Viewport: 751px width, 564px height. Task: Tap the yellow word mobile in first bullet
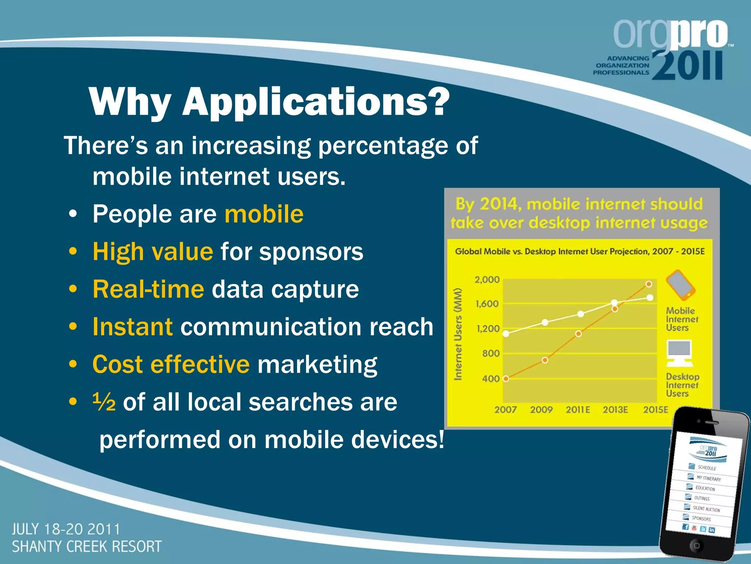(x=264, y=214)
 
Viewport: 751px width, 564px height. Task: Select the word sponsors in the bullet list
(x=311, y=252)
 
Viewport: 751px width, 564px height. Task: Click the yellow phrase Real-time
(x=148, y=289)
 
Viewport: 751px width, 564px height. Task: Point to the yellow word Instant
(x=132, y=327)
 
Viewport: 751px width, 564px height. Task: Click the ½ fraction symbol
(x=104, y=402)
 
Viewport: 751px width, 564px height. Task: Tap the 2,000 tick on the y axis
(x=487, y=280)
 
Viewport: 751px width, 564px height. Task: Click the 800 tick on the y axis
(x=491, y=354)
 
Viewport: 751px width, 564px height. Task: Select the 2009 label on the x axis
(x=541, y=410)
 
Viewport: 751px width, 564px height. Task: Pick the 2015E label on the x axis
(x=656, y=410)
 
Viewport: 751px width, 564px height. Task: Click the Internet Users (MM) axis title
(x=458, y=334)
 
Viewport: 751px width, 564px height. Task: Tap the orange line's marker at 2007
(x=506, y=379)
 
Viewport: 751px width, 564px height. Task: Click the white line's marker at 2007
(x=506, y=334)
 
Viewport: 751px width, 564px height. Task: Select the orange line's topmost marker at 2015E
(x=649, y=284)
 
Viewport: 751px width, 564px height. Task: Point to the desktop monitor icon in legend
(x=679, y=353)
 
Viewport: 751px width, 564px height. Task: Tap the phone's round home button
(x=696, y=546)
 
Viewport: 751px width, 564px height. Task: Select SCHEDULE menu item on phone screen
(x=707, y=468)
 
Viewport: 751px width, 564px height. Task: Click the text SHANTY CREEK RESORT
(x=87, y=547)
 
